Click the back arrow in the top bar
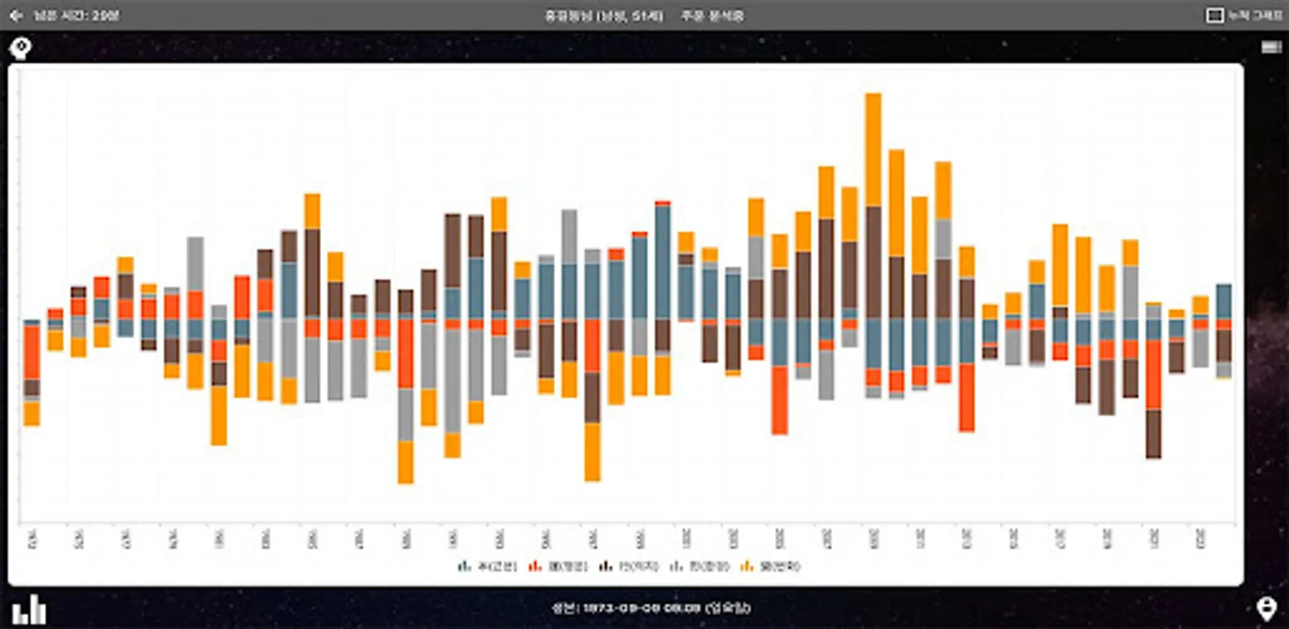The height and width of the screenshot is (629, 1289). [16, 15]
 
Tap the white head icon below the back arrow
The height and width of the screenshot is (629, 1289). [20, 48]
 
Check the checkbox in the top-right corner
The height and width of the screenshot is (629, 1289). [1214, 15]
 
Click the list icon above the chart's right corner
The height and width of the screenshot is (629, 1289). [1271, 47]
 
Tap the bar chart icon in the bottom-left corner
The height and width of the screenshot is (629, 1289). [29, 609]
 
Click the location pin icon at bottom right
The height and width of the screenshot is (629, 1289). [1266, 609]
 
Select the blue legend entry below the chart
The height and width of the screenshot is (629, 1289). [488, 566]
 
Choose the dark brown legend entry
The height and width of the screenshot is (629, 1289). [629, 566]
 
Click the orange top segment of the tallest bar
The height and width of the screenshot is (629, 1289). [873, 149]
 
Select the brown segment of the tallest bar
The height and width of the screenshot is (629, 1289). [873, 262]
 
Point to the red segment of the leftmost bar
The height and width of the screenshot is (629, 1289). [31, 352]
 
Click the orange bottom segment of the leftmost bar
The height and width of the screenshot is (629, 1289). [31, 413]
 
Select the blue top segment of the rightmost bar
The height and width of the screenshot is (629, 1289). [1224, 301]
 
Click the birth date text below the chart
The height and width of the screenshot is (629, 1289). [651, 608]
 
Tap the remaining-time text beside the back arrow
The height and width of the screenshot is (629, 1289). [76, 15]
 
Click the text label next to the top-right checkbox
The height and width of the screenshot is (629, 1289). [1255, 15]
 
